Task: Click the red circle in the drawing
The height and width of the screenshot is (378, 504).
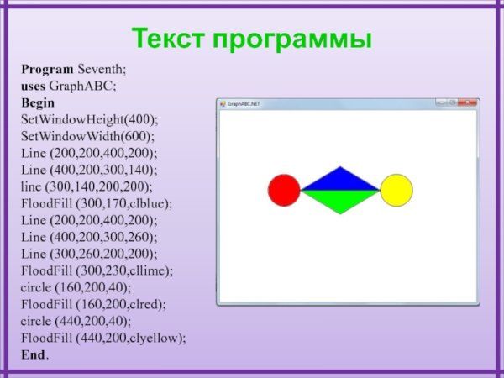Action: tap(283, 190)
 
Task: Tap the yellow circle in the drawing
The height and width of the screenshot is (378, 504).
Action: tap(396, 190)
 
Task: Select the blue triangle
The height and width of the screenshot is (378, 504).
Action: tap(339, 180)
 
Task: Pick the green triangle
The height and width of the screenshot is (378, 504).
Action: tap(339, 200)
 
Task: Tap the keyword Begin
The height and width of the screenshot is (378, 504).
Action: tap(38, 102)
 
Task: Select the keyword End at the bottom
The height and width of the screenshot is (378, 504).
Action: tap(34, 354)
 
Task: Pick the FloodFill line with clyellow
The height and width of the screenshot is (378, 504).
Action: tap(103, 338)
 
